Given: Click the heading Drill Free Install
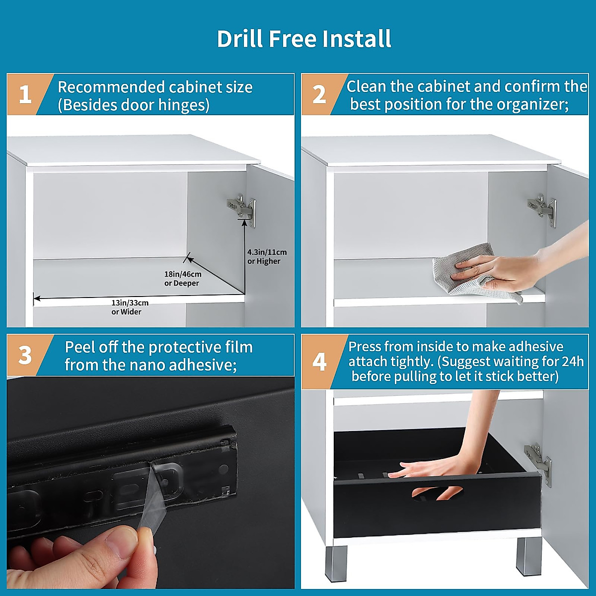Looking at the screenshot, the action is click(304, 39).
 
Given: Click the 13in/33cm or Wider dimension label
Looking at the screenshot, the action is click(130, 307).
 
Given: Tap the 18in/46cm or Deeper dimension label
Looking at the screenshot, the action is click(183, 278).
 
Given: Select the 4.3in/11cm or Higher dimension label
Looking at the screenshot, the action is click(267, 256).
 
